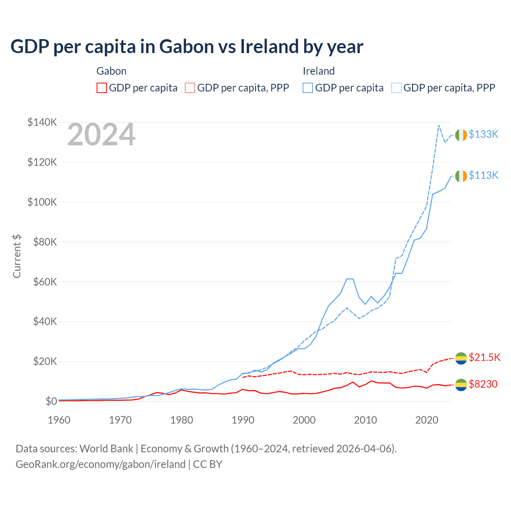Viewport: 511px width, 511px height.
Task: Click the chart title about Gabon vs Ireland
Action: click(x=186, y=47)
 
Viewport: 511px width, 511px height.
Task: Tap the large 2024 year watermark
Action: click(x=101, y=135)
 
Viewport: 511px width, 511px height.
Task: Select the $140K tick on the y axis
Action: click(x=42, y=122)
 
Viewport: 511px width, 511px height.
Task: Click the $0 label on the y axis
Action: click(x=51, y=401)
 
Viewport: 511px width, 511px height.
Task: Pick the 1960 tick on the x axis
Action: click(x=59, y=420)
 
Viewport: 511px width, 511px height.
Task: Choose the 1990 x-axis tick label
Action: click(x=243, y=420)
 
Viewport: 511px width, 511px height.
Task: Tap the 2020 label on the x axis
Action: click(x=427, y=420)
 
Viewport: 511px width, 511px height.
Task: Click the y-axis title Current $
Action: click(x=17, y=256)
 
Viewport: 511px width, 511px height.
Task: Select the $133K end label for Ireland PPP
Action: click(x=483, y=135)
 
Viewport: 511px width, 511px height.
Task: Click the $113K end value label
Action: click(x=483, y=176)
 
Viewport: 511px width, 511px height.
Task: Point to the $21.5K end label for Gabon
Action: click(x=484, y=357)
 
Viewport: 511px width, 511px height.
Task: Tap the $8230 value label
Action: click(x=483, y=384)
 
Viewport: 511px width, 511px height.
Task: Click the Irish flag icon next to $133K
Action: click(x=461, y=135)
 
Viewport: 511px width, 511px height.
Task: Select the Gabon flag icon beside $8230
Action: click(x=461, y=385)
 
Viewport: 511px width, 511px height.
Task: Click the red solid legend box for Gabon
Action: click(x=102, y=88)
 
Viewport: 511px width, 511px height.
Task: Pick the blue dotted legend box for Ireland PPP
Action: click(x=396, y=88)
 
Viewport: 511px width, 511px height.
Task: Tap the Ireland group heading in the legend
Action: click(x=319, y=71)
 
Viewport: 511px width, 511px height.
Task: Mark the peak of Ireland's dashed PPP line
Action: click(x=439, y=125)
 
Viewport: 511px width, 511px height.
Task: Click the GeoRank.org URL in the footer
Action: click(x=101, y=464)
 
